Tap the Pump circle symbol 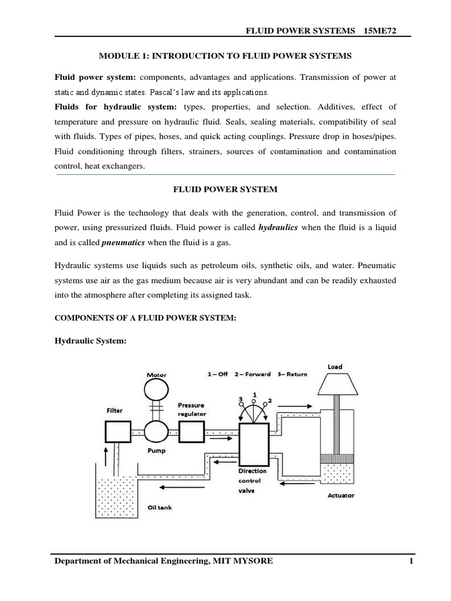tap(157, 433)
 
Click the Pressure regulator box tap(191, 433)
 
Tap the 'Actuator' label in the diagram tap(341, 495)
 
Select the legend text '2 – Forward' tap(256, 374)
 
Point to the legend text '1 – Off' tap(217, 374)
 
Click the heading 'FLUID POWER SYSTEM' tap(225, 190)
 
